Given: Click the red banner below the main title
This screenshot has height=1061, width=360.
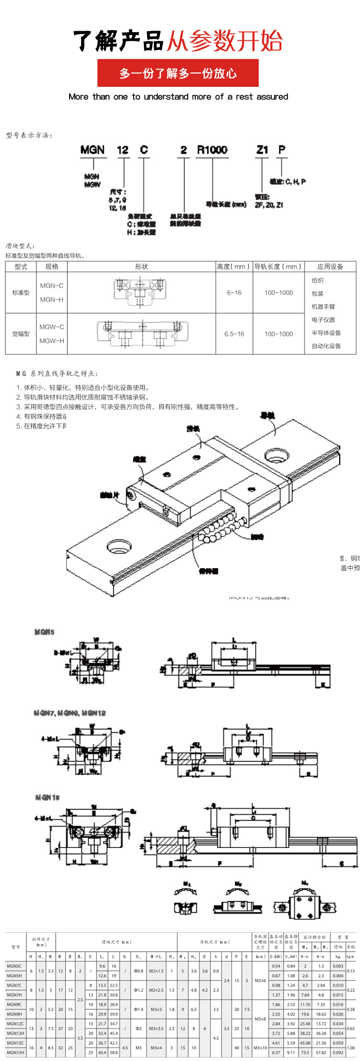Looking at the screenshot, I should click(x=178, y=73).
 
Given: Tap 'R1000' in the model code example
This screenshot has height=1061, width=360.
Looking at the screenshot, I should click(x=212, y=150).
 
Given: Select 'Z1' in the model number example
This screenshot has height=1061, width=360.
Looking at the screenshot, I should click(x=262, y=150).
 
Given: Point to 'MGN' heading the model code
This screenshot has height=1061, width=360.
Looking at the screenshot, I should click(x=92, y=150).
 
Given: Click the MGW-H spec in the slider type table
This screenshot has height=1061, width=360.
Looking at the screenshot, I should click(x=51, y=341).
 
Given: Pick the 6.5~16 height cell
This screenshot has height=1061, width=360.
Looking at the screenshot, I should click(x=234, y=334).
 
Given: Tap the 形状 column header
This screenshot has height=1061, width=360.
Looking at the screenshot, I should click(x=141, y=267).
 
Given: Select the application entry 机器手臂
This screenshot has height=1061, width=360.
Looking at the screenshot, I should click(x=323, y=307).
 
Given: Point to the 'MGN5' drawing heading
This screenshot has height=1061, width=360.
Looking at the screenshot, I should click(x=44, y=632).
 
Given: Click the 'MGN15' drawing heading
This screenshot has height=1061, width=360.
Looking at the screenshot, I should click(x=47, y=797).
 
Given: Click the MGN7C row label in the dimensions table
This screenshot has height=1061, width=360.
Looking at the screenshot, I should click(x=14, y=985).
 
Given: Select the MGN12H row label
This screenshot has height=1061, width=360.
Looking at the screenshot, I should click(x=15, y=1033).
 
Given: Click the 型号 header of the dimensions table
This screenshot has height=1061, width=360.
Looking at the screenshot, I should click(x=16, y=947).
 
